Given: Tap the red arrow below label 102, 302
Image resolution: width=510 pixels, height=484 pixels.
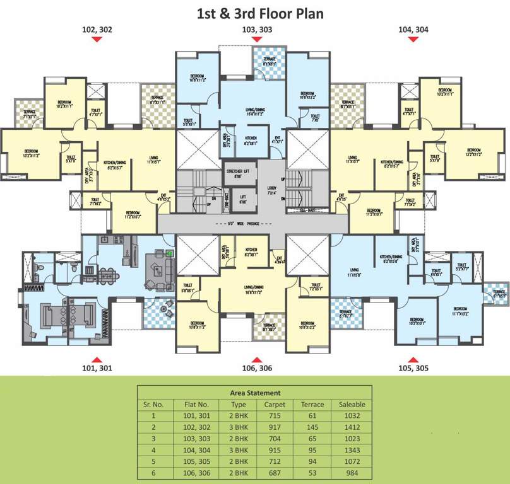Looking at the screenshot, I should [x=97, y=40].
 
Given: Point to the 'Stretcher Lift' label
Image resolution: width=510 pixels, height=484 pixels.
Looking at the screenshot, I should [x=238, y=173].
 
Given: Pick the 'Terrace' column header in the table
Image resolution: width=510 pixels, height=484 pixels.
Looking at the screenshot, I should [x=312, y=405].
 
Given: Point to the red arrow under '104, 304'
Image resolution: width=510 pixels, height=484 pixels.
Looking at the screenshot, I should [x=414, y=40].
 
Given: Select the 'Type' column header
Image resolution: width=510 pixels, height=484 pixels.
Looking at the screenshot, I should [x=239, y=405].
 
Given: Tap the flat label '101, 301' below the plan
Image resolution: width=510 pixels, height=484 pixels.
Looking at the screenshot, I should [x=97, y=368].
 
